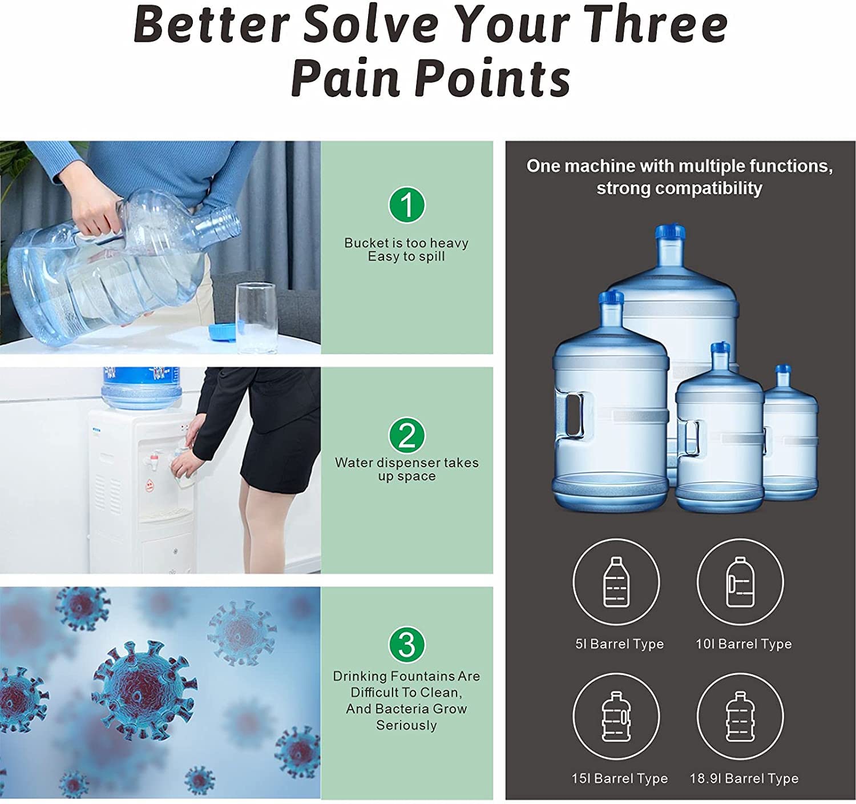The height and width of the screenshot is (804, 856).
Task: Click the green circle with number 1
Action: coord(407,204)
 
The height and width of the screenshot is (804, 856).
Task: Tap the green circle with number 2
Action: coord(407,436)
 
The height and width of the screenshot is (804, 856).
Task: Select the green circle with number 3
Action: coord(407,645)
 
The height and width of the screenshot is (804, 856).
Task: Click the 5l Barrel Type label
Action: coord(619,644)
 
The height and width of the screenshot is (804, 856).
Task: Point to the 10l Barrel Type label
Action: coord(744,644)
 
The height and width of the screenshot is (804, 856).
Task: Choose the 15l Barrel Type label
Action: coord(619,778)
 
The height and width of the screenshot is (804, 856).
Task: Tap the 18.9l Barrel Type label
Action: coord(744,778)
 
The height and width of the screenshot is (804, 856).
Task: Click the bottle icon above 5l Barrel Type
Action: coord(616,582)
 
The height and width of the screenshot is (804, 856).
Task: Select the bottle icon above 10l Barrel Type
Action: coord(740,582)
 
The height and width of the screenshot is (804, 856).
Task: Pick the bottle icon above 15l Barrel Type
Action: coord(616,716)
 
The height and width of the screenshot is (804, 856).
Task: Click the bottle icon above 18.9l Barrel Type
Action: coord(740,716)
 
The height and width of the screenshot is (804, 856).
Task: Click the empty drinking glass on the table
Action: coord(255,317)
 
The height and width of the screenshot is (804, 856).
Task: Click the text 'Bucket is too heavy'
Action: coord(406,243)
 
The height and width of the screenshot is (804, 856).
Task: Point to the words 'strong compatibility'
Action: coord(679,188)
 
